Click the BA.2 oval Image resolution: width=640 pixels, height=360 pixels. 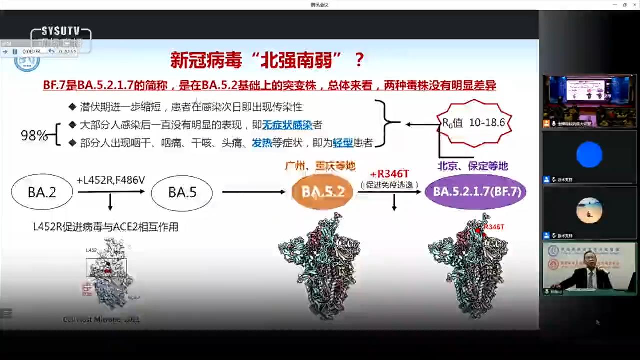(x=42, y=192)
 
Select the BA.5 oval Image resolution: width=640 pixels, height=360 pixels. (x=182, y=192)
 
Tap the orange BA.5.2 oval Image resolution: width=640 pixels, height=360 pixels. (x=323, y=192)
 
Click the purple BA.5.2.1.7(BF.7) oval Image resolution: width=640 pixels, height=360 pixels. (x=475, y=192)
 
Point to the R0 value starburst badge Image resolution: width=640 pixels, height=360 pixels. (x=474, y=123)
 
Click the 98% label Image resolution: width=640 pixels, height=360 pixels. (x=34, y=135)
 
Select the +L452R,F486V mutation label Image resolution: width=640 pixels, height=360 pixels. (x=110, y=180)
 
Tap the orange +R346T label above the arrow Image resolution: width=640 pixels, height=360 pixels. (x=389, y=174)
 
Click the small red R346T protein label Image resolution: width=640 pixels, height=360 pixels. (x=494, y=227)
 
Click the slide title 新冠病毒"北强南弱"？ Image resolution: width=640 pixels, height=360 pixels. (x=267, y=60)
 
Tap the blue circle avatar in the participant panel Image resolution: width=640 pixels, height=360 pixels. (x=589, y=154)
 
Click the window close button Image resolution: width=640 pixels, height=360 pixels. (x=634, y=5)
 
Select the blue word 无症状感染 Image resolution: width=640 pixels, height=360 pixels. (x=287, y=125)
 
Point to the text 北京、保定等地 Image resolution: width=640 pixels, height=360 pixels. (x=472, y=166)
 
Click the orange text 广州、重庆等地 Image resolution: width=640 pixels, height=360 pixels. (x=320, y=166)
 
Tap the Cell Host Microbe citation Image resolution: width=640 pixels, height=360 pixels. (x=101, y=319)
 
